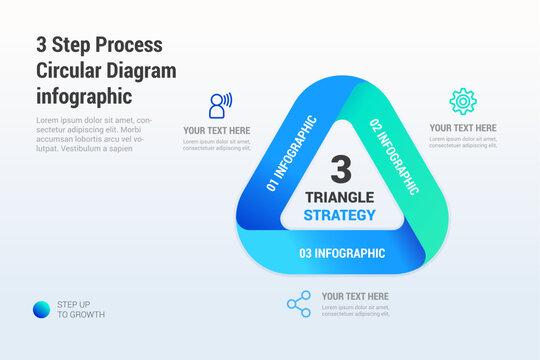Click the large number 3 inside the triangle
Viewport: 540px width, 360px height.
pos(341,168)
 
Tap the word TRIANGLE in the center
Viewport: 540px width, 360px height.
pos(340,197)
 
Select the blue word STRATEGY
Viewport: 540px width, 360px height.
pos(340,215)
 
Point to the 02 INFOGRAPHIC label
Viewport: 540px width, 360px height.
pos(394,156)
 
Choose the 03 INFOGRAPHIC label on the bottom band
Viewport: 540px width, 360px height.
pos(342,253)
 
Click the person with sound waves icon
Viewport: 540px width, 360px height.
pos(219,106)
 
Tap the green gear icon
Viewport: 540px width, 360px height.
pos(463,101)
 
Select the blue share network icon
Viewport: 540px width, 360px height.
pos(298,304)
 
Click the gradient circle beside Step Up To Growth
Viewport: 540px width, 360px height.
pos(41,309)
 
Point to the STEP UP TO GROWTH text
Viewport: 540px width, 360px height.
pos(80,309)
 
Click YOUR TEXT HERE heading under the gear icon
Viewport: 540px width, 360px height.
pos(463,128)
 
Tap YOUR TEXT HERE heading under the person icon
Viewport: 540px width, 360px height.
pos(217,130)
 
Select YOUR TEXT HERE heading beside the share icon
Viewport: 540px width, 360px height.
pos(355,296)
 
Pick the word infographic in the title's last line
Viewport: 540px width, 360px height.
pos(83,96)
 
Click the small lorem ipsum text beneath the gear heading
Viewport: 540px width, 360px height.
pos(463,142)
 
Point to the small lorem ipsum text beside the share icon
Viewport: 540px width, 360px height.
pos(356,310)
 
